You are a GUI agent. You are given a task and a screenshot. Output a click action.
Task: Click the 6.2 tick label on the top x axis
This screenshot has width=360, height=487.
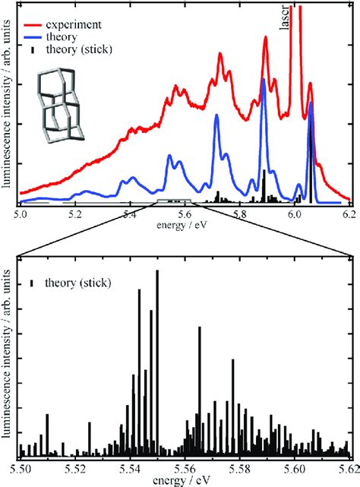[x=350, y=216]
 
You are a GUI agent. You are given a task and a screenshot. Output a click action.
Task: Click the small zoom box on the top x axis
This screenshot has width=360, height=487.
[x=176, y=202]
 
